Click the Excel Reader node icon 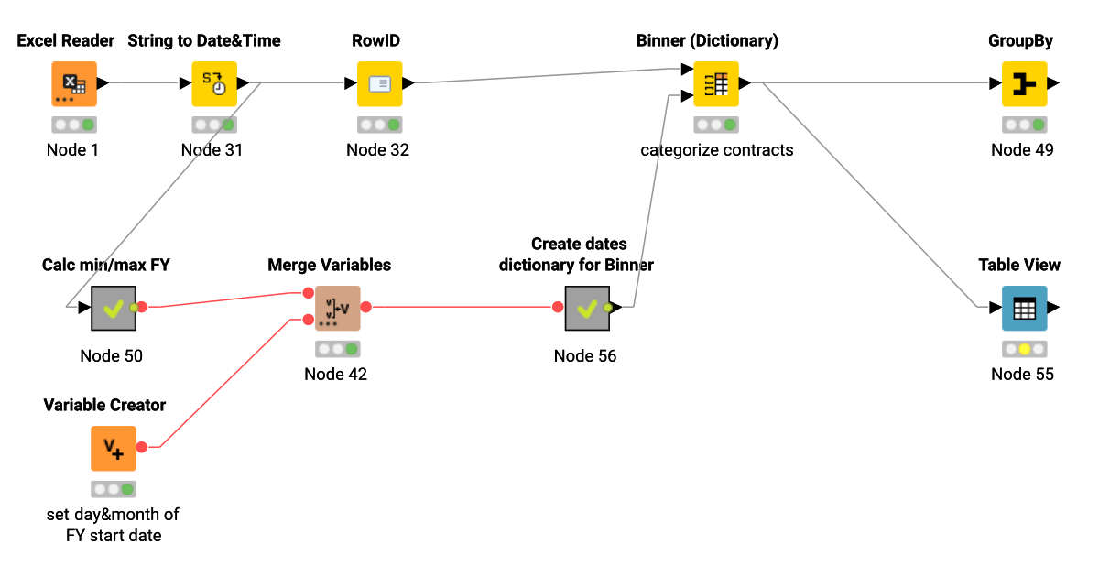(73, 83)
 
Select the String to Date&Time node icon (214, 83)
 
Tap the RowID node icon (379, 83)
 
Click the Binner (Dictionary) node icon (716, 83)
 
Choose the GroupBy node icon (1024, 83)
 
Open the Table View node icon (1024, 308)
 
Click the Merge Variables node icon (337, 308)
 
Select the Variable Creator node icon (114, 448)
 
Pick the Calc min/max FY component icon (114, 308)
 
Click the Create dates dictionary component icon (587, 308)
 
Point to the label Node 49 (1022, 149)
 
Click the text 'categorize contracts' (716, 149)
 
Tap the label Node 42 (335, 374)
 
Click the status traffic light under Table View (1024, 349)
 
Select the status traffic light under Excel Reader (74, 125)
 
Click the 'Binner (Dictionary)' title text (707, 40)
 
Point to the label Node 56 (585, 355)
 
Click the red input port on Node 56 (558, 308)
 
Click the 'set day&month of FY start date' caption (114, 525)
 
